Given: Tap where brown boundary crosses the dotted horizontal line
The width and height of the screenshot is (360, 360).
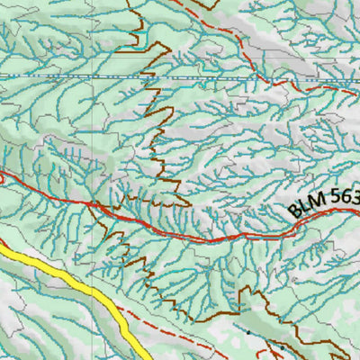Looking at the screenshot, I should tap(145, 78).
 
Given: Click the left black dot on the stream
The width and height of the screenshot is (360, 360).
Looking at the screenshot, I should tap(249, 332).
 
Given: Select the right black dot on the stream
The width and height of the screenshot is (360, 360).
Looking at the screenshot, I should tap(282, 346).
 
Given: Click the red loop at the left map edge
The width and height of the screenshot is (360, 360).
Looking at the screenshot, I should tap(3, 179).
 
